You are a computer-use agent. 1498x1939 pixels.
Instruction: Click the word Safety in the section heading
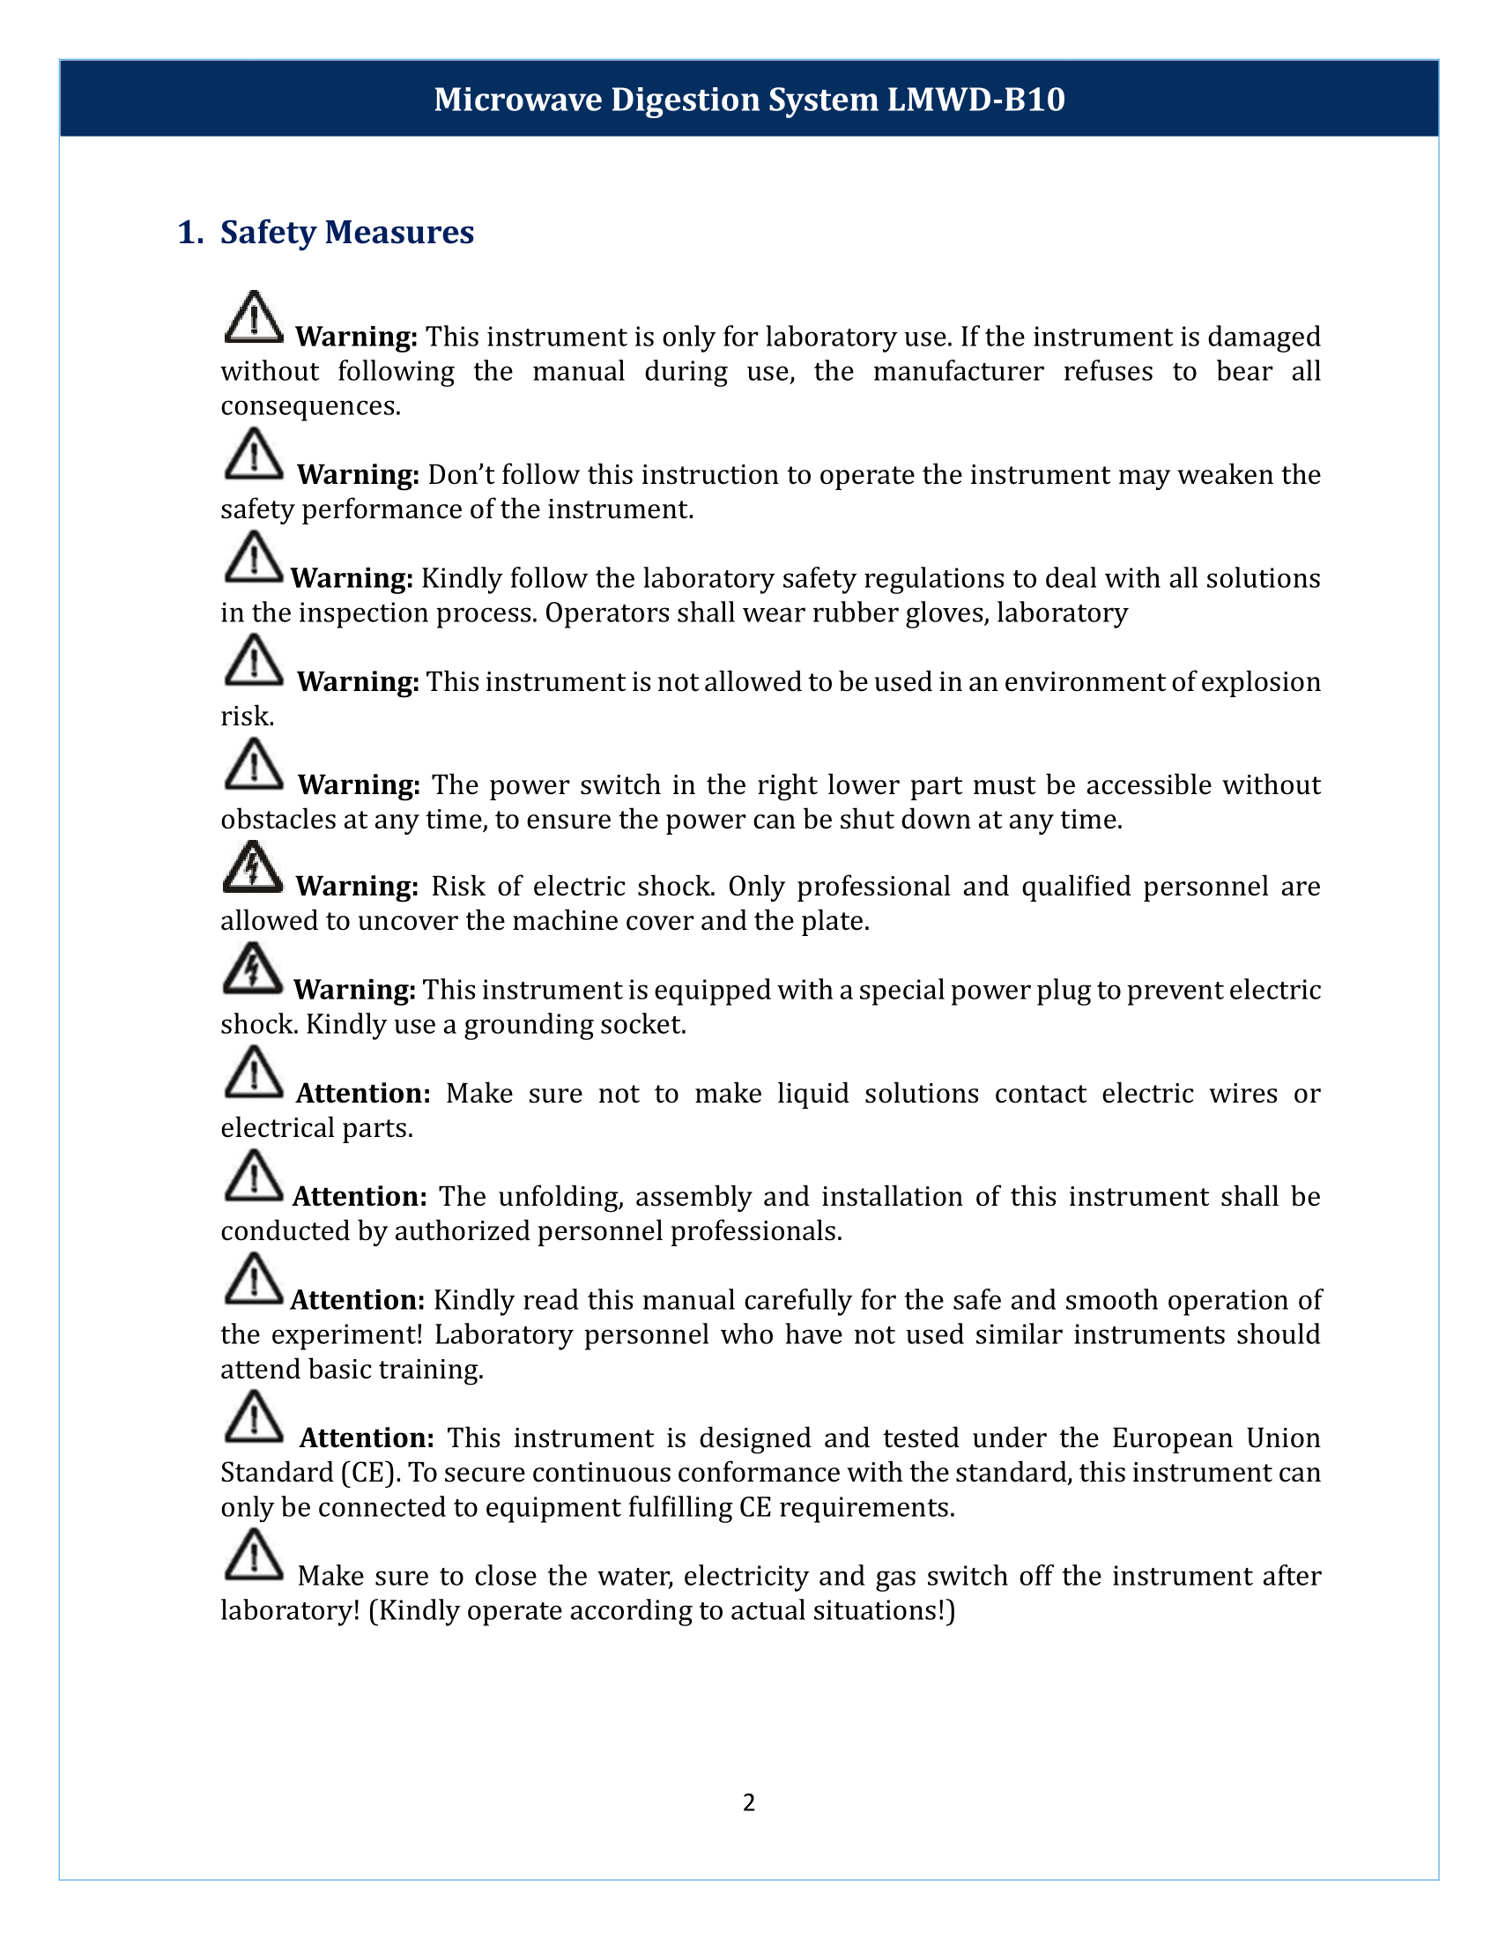[x=267, y=233]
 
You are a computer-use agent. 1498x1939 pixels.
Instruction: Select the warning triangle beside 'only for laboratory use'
[x=254, y=317]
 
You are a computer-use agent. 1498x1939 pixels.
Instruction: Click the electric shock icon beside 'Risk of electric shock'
[x=253, y=867]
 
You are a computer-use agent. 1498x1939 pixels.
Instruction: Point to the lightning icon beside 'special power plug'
[x=253, y=969]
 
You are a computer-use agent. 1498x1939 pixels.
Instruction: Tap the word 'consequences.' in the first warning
[x=310, y=405]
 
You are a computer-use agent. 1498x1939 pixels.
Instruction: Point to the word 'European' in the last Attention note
[x=1172, y=1438]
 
